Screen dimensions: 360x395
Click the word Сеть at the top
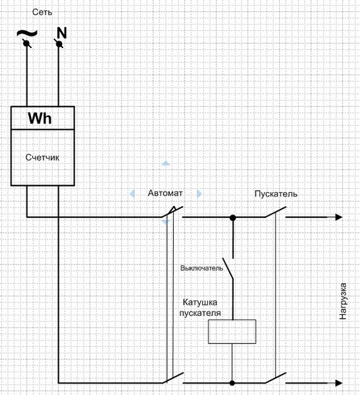point(42,12)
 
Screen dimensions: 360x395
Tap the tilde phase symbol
point(27,33)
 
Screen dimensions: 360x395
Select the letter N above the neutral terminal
point(62,33)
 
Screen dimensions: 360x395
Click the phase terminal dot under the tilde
point(26,43)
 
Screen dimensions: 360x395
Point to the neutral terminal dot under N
point(59,44)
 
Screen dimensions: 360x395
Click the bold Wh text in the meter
point(39,118)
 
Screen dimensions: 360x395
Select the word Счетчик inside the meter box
point(42,157)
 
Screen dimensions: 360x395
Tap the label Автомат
point(165,193)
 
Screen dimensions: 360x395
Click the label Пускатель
point(276,194)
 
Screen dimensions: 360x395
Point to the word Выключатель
point(202,268)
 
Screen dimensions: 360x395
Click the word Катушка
point(200,302)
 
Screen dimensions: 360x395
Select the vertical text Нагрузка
point(343,302)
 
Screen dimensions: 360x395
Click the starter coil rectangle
point(232,332)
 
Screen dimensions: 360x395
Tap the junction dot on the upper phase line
point(233,217)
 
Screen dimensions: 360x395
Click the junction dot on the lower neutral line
point(232,383)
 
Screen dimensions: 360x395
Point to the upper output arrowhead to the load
point(339,217)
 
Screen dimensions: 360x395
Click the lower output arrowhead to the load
point(339,383)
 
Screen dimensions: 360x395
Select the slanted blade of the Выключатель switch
point(228,269)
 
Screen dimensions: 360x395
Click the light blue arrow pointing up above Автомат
point(165,163)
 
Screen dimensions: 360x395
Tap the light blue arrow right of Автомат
point(199,194)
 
